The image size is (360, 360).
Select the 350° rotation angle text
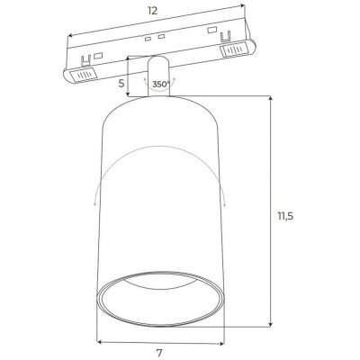(x=161, y=85)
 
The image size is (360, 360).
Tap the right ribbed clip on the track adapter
(x=232, y=54)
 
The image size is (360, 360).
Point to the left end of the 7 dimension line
(x=98, y=341)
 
